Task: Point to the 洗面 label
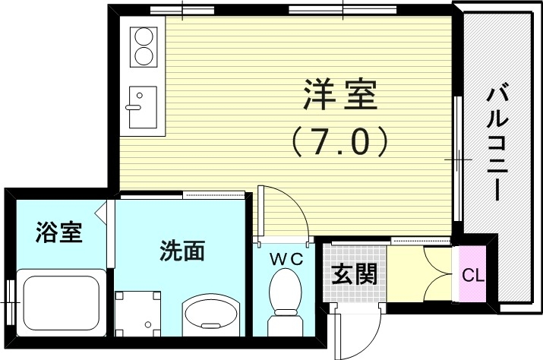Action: pos(182,250)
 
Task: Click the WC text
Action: pos(287,259)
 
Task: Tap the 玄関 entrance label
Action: pos(355,273)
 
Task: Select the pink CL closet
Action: pos(469,274)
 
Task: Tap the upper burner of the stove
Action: pos(142,36)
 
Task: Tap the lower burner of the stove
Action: pos(142,55)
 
